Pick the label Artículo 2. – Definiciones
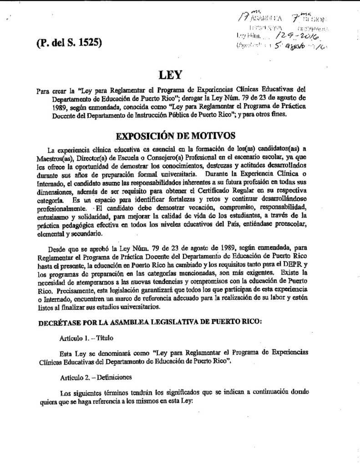95,378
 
